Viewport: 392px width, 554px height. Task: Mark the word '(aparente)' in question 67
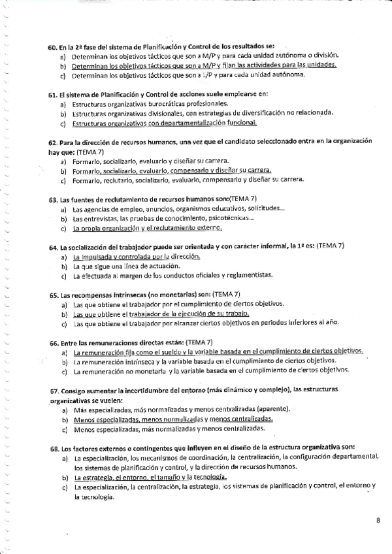266,410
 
